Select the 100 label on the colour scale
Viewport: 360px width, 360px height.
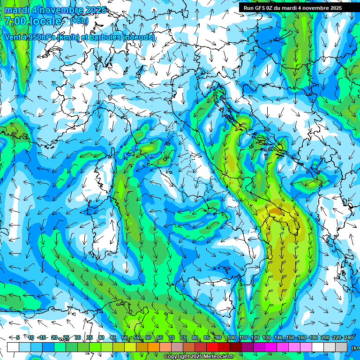(231, 337)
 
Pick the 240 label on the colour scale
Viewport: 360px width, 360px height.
(348, 337)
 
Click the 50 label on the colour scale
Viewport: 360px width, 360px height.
(124, 337)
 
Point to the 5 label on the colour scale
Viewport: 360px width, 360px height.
(18, 337)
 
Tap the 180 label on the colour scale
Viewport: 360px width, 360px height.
(313, 337)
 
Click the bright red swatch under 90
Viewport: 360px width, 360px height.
(212, 347)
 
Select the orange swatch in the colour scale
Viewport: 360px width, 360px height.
(153, 347)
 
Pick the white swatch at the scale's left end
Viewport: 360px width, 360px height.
(13, 347)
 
